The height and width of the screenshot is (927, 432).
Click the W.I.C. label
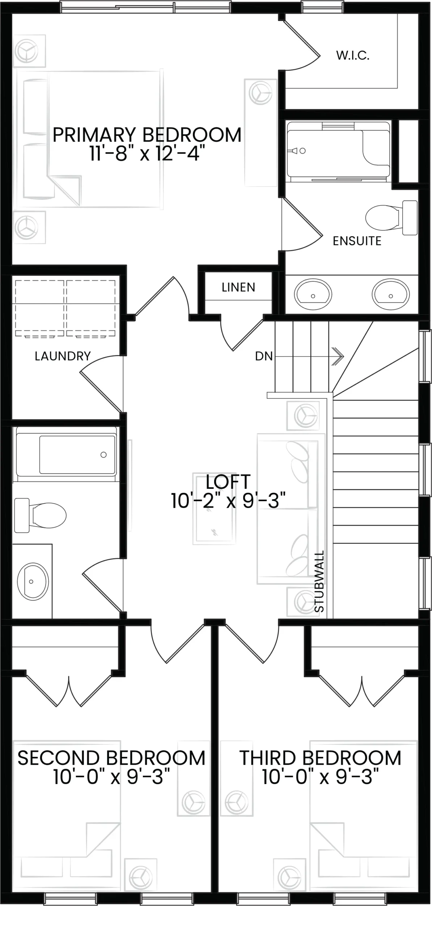click(x=353, y=55)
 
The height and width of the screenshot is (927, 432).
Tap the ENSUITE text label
click(x=357, y=241)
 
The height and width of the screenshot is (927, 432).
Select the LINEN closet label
click(x=238, y=287)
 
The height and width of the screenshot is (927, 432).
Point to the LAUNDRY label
click(x=63, y=356)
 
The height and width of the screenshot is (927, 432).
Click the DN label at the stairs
click(x=264, y=356)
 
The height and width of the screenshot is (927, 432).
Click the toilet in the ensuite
click(x=391, y=218)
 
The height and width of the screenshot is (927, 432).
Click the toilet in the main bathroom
click(x=40, y=515)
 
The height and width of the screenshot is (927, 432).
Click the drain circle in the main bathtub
click(x=103, y=455)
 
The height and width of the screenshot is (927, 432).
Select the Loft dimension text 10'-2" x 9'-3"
click(x=228, y=501)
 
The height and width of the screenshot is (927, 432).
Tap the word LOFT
click(x=228, y=482)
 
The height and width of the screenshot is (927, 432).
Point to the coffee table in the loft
click(x=214, y=508)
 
